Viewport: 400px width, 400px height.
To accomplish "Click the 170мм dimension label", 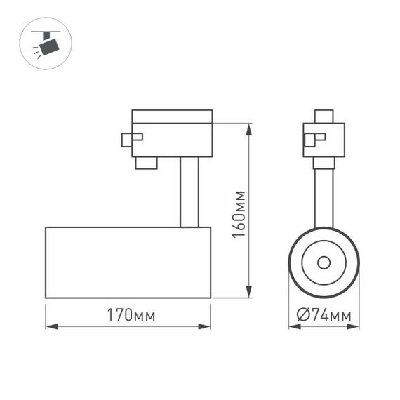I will pyautogui.click(x=131, y=315).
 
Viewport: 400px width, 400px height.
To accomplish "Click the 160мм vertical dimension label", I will pyautogui.click(x=239, y=214).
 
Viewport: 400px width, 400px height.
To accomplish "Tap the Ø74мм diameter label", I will pyautogui.click(x=324, y=315).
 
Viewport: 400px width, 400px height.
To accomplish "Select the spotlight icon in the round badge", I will pyautogui.click(x=46, y=44).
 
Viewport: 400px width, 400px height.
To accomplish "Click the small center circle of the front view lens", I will pyautogui.click(x=324, y=262).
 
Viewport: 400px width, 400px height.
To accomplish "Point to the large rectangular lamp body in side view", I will pyautogui.click(x=128, y=262).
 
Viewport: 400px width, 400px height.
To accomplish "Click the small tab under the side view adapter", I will pyautogui.click(x=146, y=163).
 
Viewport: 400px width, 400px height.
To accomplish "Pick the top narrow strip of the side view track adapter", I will pyautogui.click(x=172, y=116).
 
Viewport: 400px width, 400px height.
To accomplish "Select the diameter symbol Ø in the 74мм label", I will pyautogui.click(x=302, y=315).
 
